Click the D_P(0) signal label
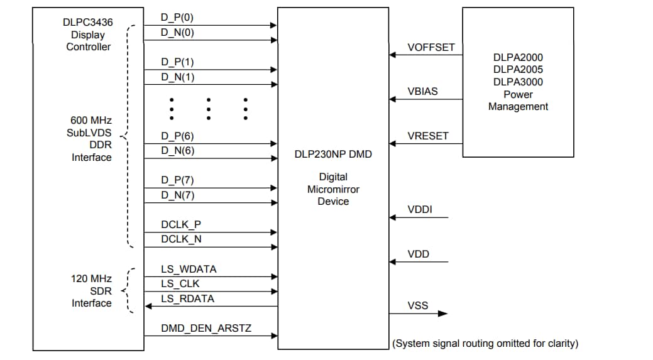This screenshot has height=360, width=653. click(x=177, y=18)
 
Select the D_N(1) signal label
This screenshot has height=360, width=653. click(x=178, y=77)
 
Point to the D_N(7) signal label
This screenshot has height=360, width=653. click(x=178, y=195)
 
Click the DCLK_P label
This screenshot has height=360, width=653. click(x=181, y=224)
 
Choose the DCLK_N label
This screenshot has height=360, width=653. click(x=181, y=239)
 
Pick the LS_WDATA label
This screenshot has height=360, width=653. click(x=189, y=269)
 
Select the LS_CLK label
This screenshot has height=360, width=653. click(x=180, y=283)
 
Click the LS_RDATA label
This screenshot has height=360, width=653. click(x=187, y=298)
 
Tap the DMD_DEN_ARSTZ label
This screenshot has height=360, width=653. click(x=206, y=328)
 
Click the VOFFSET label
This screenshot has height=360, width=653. click(x=431, y=47)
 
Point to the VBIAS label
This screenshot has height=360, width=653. click(x=423, y=91)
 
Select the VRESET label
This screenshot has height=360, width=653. click(x=428, y=136)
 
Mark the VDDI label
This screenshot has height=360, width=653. click(x=420, y=210)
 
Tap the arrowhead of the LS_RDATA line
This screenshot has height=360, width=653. click(x=148, y=306)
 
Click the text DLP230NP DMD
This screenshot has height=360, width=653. click(x=333, y=154)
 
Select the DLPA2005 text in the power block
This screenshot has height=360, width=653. click(x=518, y=69)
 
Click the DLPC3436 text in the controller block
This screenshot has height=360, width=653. click(x=84, y=23)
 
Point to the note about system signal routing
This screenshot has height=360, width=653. click(x=485, y=343)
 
